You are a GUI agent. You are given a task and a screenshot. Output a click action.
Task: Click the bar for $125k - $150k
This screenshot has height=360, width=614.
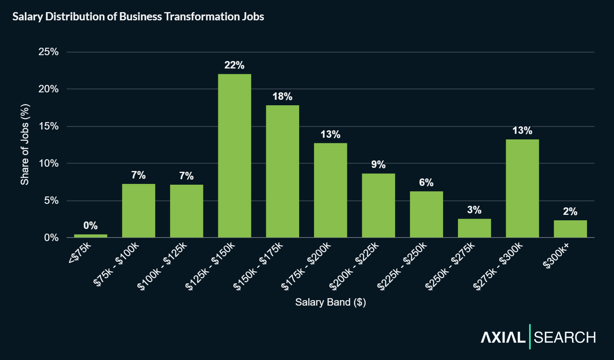pos(234,156)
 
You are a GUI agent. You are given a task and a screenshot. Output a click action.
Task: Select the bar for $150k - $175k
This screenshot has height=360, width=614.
pos(282,171)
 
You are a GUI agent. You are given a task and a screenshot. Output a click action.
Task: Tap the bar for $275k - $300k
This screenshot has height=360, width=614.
pos(522,188)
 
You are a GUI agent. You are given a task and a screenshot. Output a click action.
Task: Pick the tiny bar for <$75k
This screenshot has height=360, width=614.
pos(90,236)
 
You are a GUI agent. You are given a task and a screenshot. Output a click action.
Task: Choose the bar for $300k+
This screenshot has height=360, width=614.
pos(570,229)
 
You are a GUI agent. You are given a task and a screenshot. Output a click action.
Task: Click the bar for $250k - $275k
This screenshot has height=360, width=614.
pos(474,228)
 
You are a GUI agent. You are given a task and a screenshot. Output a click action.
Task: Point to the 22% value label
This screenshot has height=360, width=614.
pos(234,65)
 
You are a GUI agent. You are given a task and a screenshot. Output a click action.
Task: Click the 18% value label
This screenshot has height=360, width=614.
pos(282,96)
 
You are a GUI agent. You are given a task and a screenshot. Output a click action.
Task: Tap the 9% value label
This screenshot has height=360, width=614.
pos(378,164)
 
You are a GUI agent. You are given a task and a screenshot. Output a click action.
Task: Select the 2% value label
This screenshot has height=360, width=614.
pos(570,211)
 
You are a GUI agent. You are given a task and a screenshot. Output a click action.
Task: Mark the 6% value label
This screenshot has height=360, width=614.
pos(426,182)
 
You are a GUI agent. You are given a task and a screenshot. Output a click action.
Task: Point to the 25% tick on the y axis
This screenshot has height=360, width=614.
pos(48,52)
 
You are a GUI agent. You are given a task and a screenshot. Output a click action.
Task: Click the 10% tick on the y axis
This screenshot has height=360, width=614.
pos(48,163)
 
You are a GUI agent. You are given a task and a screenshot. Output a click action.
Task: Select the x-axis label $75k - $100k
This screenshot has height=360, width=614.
pos(116,265)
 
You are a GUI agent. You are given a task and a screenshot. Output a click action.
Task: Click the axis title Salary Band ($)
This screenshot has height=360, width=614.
pos(330,302)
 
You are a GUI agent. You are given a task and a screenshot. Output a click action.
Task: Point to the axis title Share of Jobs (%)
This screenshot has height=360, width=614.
pos(25,144)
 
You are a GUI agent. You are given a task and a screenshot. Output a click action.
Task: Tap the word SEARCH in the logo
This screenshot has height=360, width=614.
pos(565,337)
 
